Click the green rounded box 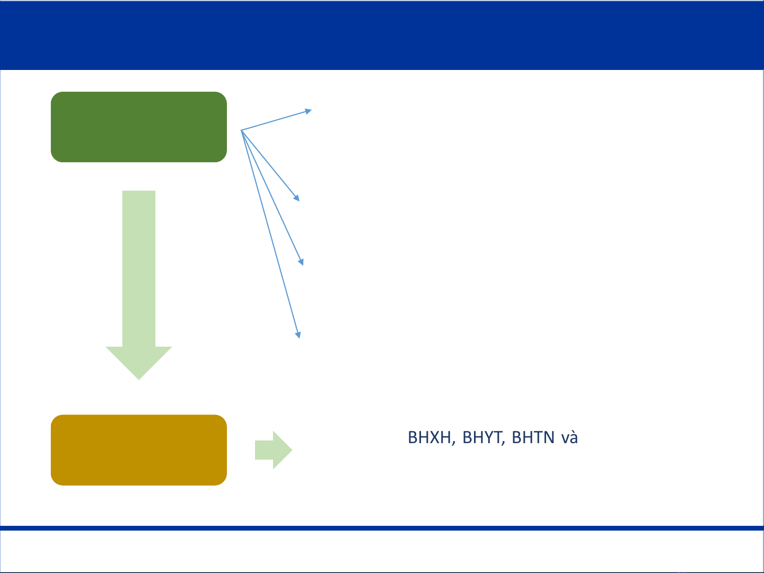(x=139, y=127)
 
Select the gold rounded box (x=139, y=449)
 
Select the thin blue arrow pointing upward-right (x=276, y=120)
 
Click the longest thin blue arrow (x=271, y=234)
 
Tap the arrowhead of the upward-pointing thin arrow (x=308, y=111)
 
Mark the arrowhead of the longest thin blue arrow (x=298, y=334)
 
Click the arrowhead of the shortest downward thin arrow (x=297, y=198)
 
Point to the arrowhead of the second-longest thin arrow (x=301, y=261)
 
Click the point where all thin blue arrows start (x=241, y=130)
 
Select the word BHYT (x=482, y=437)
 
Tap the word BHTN (x=533, y=437)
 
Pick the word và (x=569, y=437)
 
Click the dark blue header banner (x=382, y=35)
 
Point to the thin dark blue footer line (x=382, y=528)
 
